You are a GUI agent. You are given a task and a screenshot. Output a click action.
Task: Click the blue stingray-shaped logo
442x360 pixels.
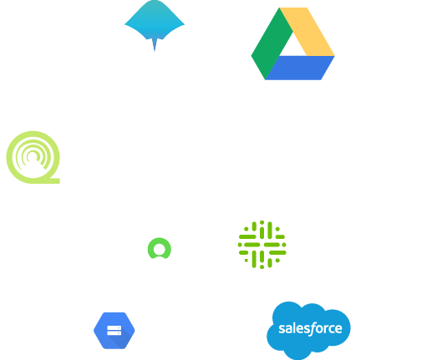click(x=155, y=23)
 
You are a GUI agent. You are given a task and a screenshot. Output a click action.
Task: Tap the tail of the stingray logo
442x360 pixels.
click(x=155, y=44)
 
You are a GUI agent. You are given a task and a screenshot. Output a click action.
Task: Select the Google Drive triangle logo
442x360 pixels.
click(x=293, y=43)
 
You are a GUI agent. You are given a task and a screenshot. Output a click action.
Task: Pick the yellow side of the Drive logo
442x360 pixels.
click(x=307, y=32)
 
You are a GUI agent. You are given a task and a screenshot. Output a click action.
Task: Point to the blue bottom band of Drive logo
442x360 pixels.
click(x=300, y=68)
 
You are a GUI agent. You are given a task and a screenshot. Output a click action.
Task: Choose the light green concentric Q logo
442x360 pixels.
click(x=33, y=157)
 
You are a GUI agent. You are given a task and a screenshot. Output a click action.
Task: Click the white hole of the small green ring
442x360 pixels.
click(x=160, y=249)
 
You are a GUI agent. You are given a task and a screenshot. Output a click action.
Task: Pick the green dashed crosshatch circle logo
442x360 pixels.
click(x=262, y=245)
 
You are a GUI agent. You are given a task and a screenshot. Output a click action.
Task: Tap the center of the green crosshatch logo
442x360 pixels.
click(x=262, y=245)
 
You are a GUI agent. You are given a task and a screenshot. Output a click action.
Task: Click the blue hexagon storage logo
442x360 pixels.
click(x=114, y=331)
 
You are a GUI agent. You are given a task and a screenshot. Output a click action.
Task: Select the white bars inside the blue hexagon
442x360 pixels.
click(x=114, y=331)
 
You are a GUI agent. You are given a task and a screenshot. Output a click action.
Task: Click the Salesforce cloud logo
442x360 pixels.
click(x=308, y=331)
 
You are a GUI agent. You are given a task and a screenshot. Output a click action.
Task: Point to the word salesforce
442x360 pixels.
click(x=310, y=328)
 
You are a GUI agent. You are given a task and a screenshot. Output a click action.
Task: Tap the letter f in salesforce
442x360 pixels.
click(x=312, y=329)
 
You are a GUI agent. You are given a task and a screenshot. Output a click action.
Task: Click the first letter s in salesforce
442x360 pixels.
click(x=281, y=329)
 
